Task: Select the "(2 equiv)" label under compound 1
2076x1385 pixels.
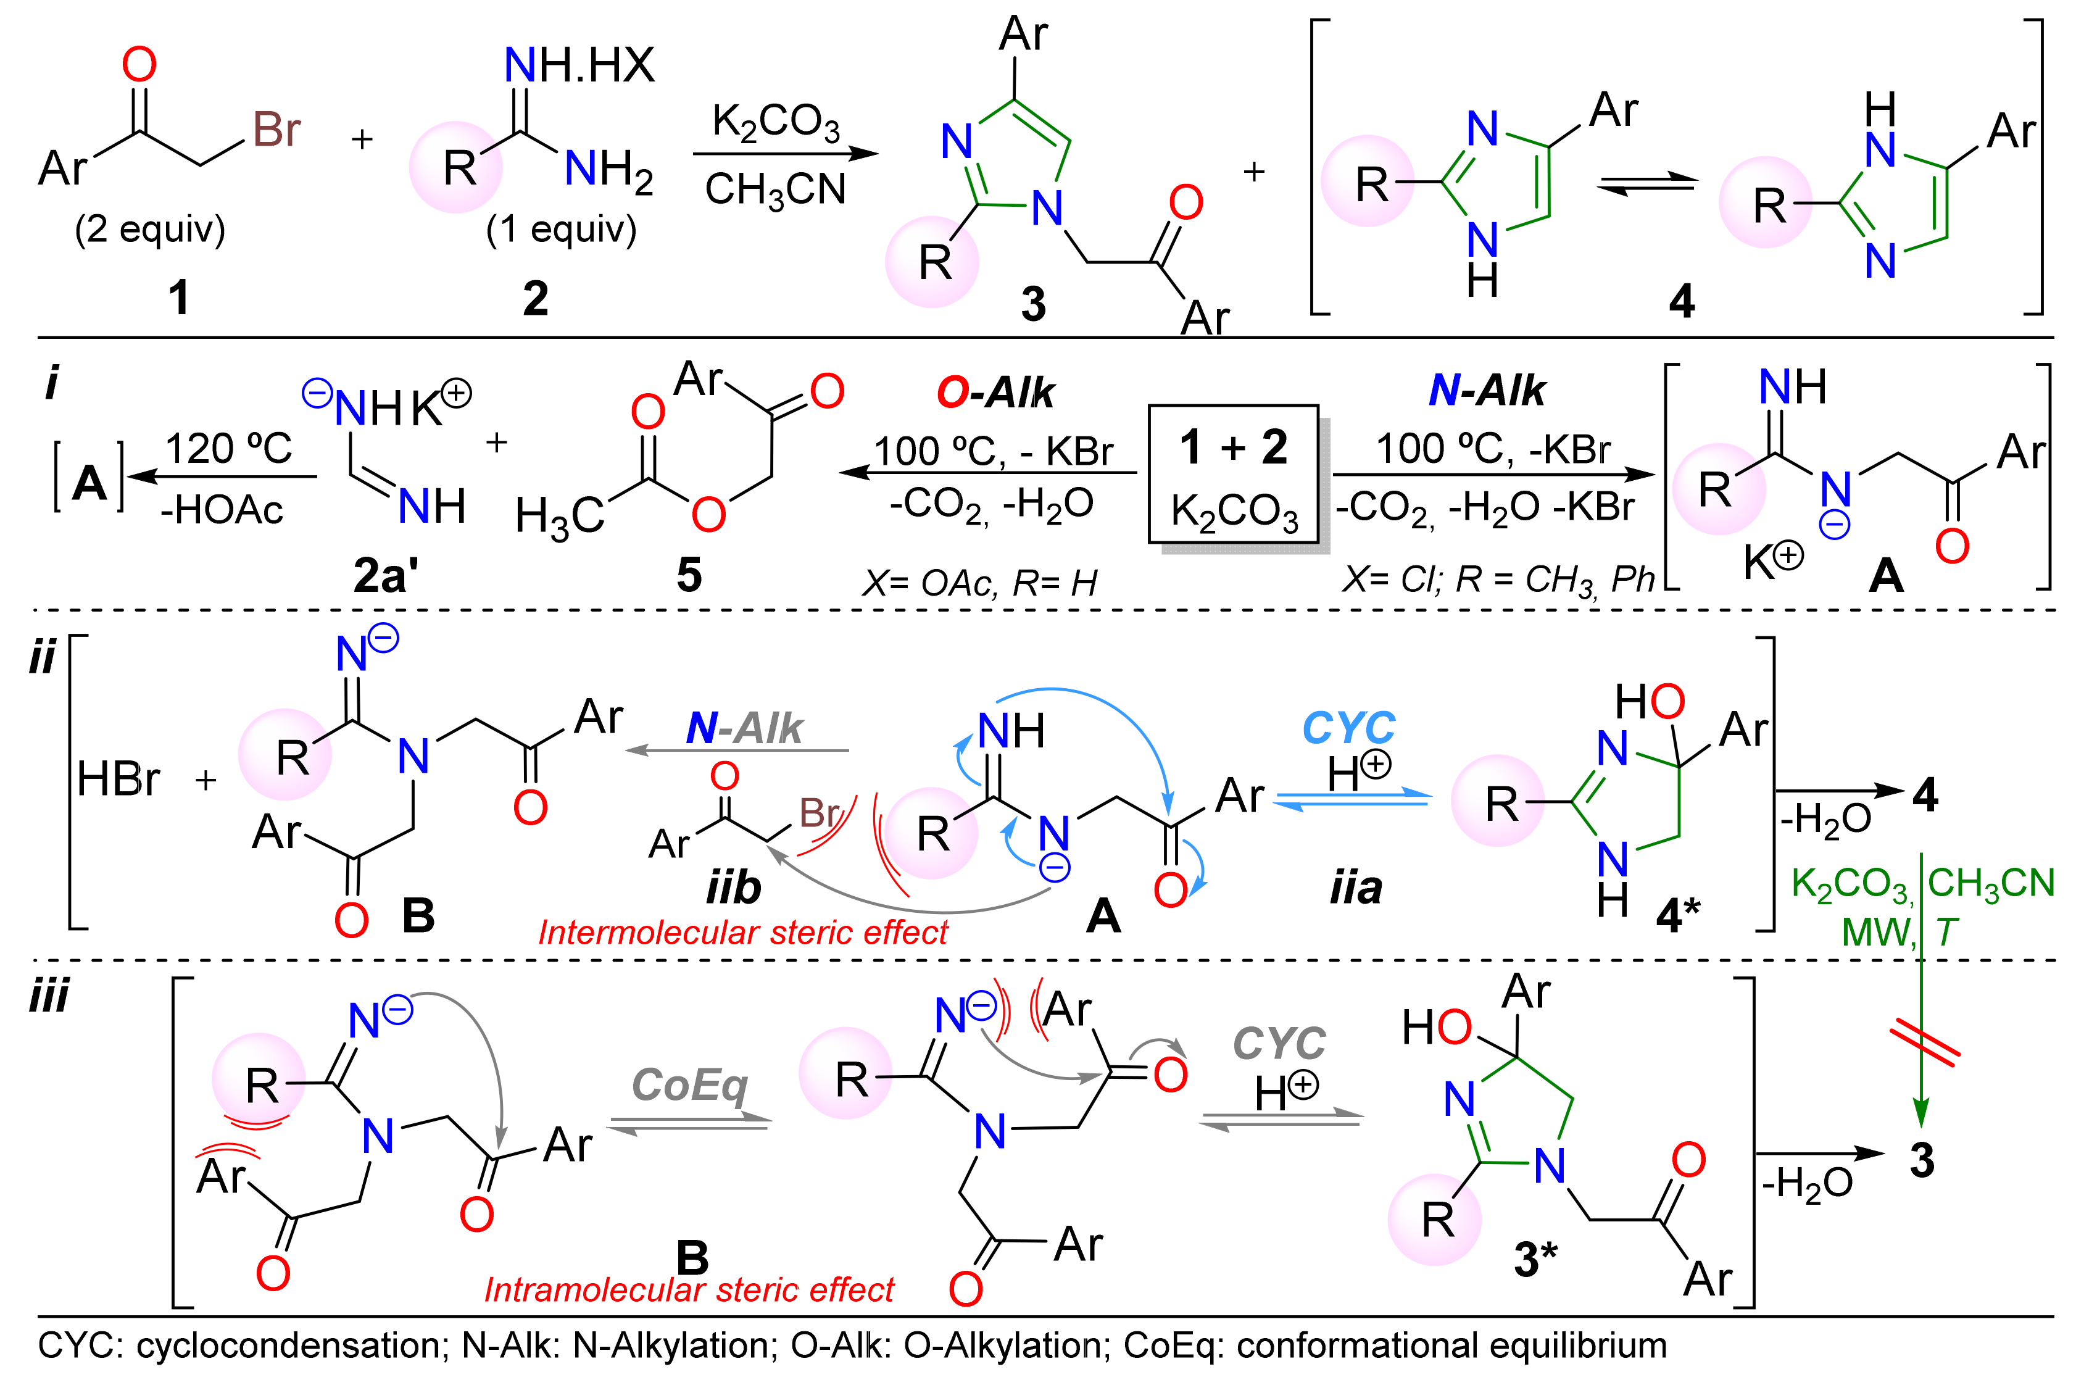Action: click(x=150, y=229)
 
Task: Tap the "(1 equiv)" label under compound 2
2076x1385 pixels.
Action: click(x=561, y=229)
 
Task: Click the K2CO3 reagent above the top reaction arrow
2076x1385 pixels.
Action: click(x=775, y=122)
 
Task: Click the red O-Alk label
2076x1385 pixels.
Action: click(x=995, y=392)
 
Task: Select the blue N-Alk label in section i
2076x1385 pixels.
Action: click(x=1487, y=391)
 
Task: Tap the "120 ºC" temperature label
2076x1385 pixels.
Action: click(x=229, y=448)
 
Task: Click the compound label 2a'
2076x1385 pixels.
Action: click(x=386, y=576)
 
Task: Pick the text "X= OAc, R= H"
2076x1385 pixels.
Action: click(x=979, y=583)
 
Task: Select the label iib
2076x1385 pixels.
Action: click(x=734, y=888)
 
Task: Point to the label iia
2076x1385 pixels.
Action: click(x=1355, y=888)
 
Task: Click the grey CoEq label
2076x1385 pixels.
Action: click(x=690, y=1084)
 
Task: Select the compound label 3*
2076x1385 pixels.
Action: click(x=1535, y=1258)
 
